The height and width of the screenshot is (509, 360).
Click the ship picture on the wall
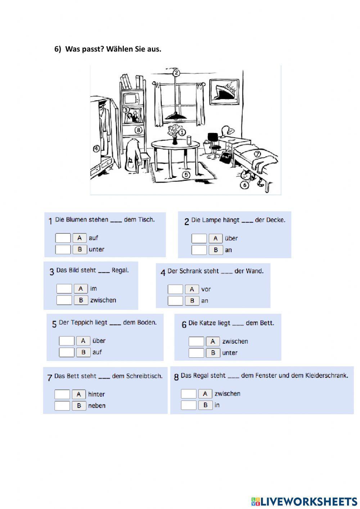click(x=225, y=91)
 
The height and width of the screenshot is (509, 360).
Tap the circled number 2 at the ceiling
click(x=176, y=73)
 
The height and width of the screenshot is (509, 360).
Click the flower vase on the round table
click(x=175, y=135)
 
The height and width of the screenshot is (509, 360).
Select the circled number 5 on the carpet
click(x=186, y=175)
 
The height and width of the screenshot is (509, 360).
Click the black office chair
click(x=213, y=144)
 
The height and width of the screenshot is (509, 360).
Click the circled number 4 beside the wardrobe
click(x=96, y=149)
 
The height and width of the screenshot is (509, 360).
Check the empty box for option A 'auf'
click(x=63, y=238)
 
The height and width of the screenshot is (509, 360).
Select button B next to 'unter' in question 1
click(x=80, y=249)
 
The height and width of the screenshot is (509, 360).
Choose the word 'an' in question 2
click(x=228, y=250)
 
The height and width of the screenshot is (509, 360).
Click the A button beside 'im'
click(x=81, y=289)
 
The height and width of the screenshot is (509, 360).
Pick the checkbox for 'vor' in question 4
click(x=175, y=289)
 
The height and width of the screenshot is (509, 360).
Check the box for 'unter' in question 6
click(x=196, y=353)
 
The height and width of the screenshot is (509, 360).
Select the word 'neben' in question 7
click(x=97, y=406)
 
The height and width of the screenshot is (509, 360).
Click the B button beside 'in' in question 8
click(x=205, y=405)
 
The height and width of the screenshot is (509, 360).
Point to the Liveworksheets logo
click(x=304, y=501)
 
